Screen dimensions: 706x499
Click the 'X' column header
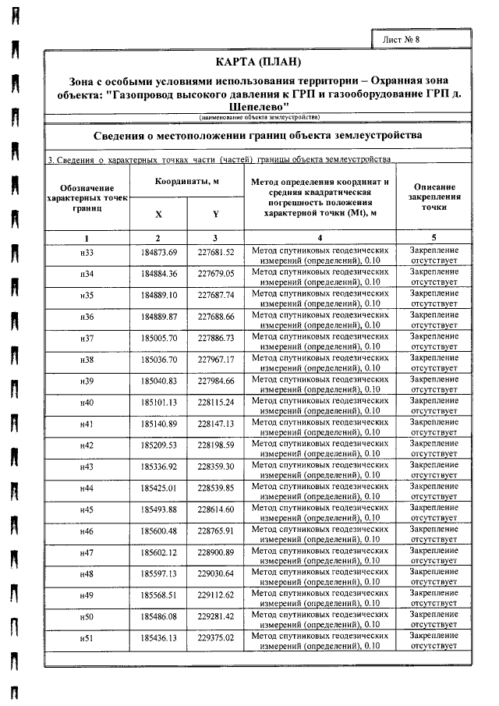coord(158,213)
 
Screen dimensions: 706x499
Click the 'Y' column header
coord(215,213)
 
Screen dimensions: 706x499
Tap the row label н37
coord(87,338)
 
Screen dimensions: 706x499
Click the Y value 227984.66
coord(216,381)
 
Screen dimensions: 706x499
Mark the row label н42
coord(87,445)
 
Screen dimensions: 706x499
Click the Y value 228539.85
coord(216,488)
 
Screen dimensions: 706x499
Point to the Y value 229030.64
coord(216,574)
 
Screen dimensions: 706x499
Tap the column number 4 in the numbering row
coord(320,237)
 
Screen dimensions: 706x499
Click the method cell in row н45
coord(320,510)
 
